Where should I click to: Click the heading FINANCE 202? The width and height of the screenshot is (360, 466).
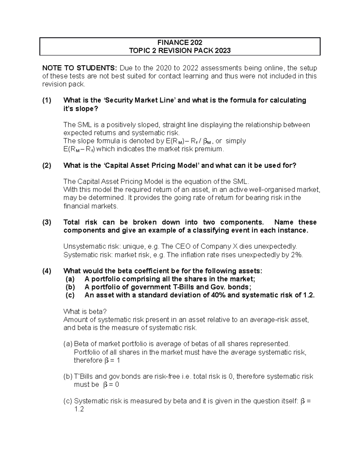[x=180, y=42]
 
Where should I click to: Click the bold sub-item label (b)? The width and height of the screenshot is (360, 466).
[x=70, y=287]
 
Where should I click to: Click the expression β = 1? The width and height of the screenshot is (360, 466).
[x=112, y=360]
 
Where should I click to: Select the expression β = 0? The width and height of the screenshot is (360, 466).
[x=111, y=385]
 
